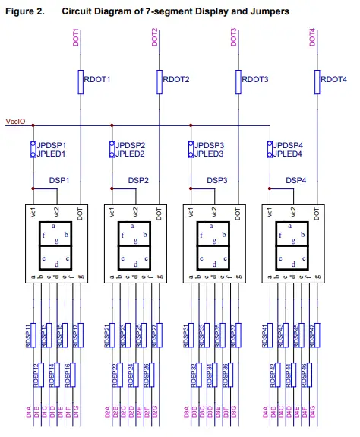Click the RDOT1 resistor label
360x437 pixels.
tap(97, 79)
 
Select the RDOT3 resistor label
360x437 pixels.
tap(256, 79)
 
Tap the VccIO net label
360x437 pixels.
tap(17, 122)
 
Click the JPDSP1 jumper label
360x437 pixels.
tap(52, 144)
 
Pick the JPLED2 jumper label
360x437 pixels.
tap(130, 154)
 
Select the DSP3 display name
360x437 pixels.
tap(217, 181)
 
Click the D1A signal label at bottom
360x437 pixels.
tap(27, 414)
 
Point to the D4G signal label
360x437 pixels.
tap(313, 414)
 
